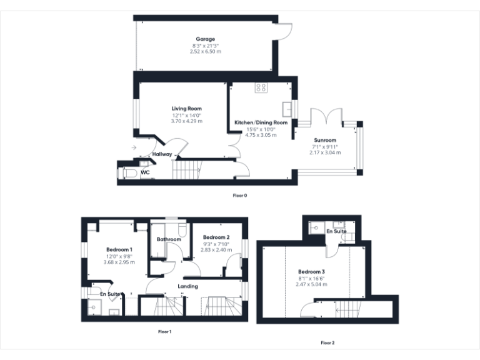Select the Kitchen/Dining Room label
coord(261,122)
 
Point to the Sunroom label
coord(324,140)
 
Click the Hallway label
coord(162,154)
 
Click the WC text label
coord(145,172)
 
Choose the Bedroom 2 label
coord(216,237)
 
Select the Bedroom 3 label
coord(311,272)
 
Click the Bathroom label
coord(169,239)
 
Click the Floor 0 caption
coord(240,196)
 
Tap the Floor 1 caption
coord(164,332)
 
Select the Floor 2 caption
coord(327,342)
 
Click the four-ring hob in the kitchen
coord(261,88)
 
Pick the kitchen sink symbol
coord(288,109)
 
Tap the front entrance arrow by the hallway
coord(134,147)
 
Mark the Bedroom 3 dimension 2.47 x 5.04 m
coord(311,284)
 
